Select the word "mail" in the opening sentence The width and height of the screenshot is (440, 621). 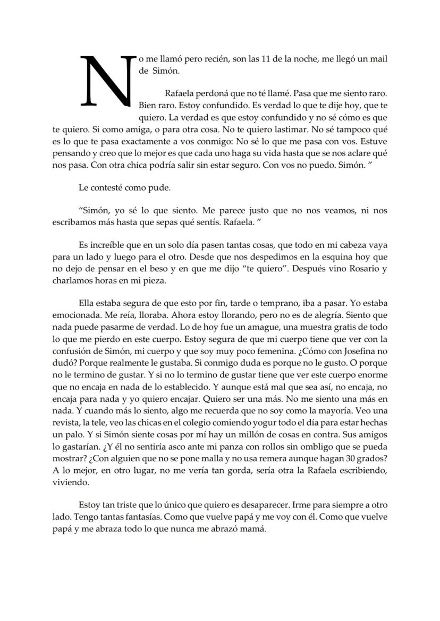[378, 59]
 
